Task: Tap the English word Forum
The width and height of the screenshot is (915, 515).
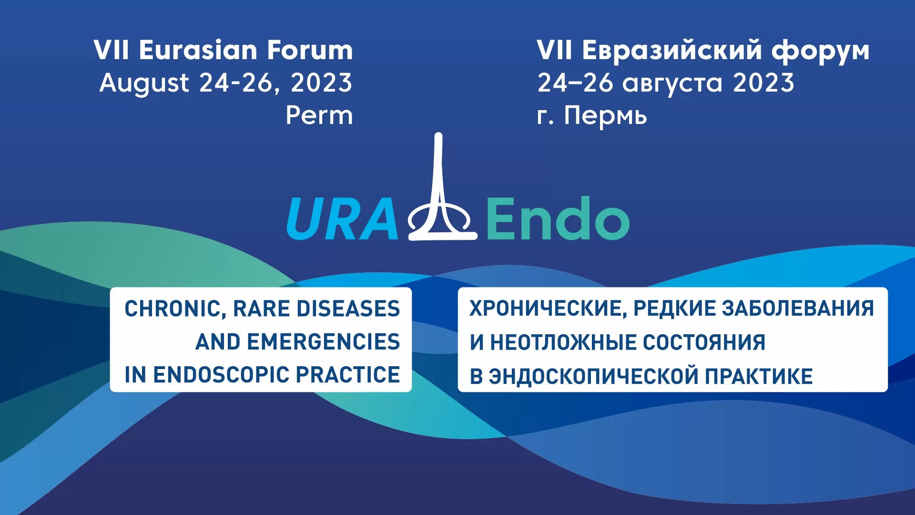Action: click(310, 50)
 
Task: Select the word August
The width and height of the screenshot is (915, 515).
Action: click(144, 84)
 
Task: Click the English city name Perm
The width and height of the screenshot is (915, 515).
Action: click(319, 115)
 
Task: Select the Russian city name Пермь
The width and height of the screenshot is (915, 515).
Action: click(606, 115)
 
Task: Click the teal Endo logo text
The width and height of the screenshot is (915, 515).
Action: click(558, 218)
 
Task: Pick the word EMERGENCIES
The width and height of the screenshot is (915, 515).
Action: click(324, 342)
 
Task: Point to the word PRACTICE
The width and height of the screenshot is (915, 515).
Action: click(348, 375)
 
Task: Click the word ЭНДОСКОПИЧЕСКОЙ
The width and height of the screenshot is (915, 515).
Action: click(594, 376)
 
